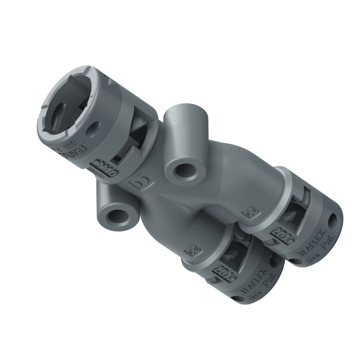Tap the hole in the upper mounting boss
[x=185, y=171]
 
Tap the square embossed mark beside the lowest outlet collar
[x=194, y=248]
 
